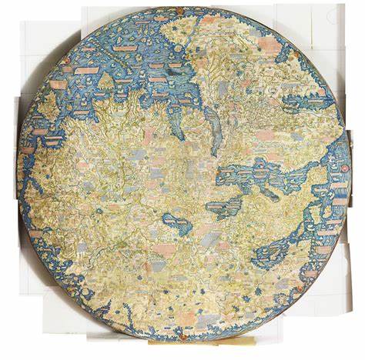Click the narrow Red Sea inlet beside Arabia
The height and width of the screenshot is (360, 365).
213,127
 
